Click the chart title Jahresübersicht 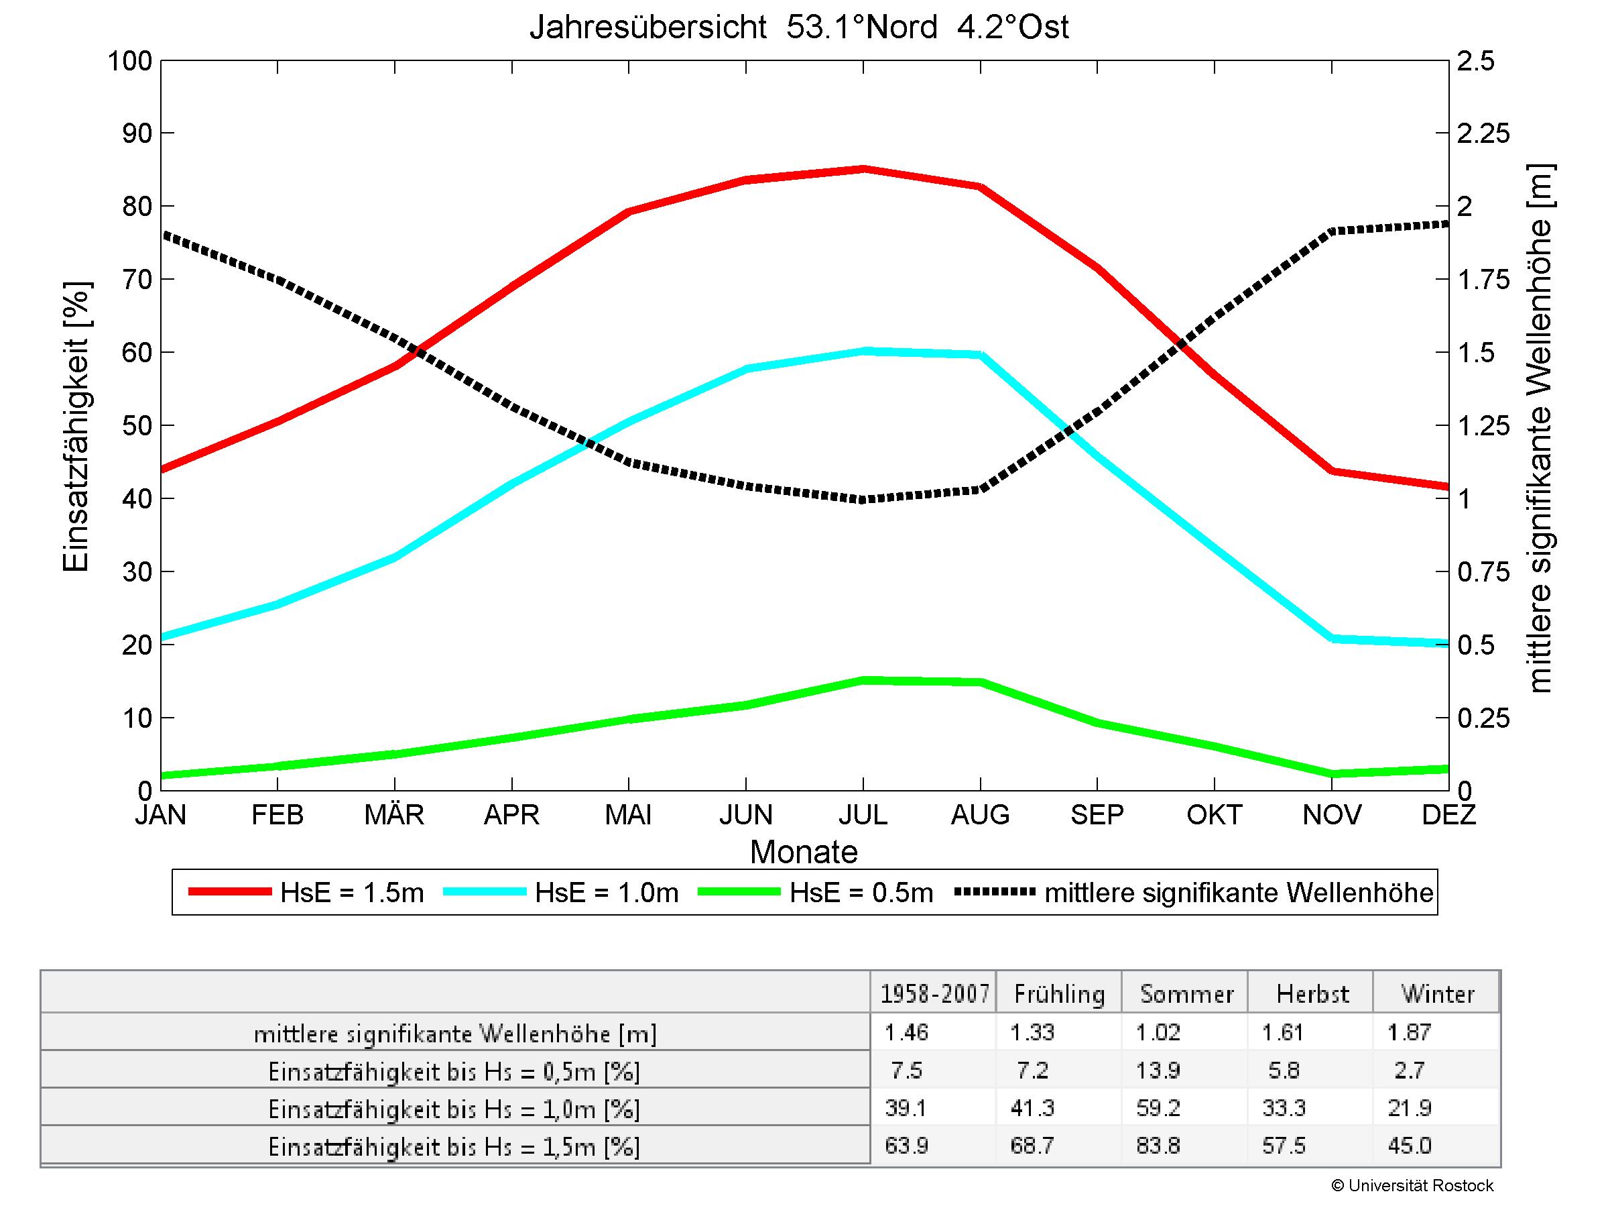click(798, 28)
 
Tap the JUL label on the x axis click(863, 814)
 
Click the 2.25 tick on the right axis click(1483, 133)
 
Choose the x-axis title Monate click(804, 851)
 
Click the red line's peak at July click(863, 170)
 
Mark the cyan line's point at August click(981, 355)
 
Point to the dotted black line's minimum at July click(863, 500)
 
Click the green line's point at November click(1332, 774)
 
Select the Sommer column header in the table click(1186, 994)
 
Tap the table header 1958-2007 click(934, 994)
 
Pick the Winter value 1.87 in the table click(1410, 1032)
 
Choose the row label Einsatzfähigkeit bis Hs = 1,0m click(454, 1109)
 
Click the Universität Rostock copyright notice click(1413, 1185)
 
